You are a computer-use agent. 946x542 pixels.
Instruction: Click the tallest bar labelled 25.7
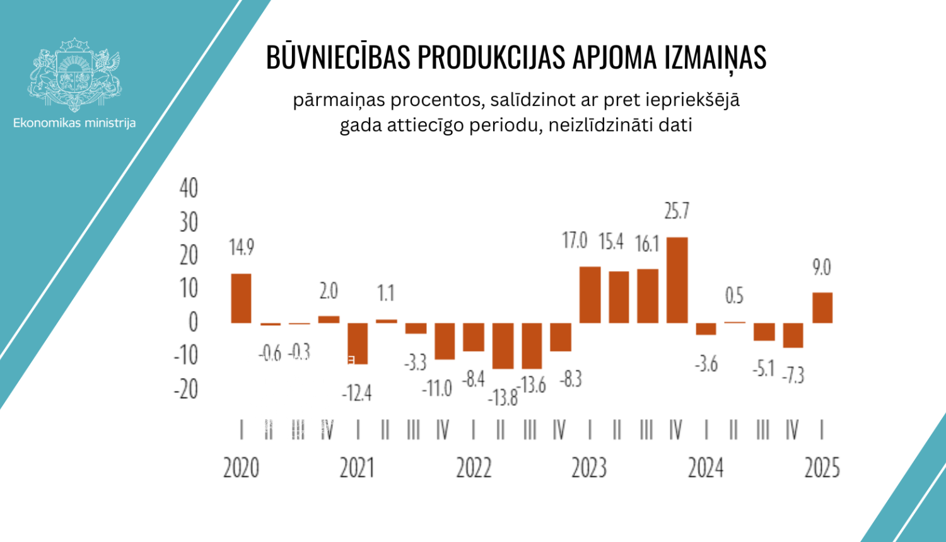pos(677,280)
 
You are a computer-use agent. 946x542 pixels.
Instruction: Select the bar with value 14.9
pos(241,298)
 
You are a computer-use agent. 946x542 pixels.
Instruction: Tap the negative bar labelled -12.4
pos(358,343)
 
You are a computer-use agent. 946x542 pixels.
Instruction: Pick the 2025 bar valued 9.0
pos(822,308)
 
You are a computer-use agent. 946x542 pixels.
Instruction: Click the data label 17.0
pos(575,241)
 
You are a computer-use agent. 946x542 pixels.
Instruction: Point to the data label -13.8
pos(503,398)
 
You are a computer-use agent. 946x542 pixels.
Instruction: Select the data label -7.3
pos(793,376)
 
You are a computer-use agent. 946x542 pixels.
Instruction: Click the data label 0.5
pos(734,296)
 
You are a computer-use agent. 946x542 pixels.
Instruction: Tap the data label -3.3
pos(416,362)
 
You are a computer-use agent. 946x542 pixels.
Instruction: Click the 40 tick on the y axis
pos(189,188)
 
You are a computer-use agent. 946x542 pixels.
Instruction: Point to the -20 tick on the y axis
pos(186,389)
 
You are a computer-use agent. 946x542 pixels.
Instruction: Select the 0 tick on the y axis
pos(193,323)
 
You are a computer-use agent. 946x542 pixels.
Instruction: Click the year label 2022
pos(474,468)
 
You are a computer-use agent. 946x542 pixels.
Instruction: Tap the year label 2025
pos(822,468)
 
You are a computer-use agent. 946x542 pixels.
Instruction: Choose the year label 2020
pos(241,468)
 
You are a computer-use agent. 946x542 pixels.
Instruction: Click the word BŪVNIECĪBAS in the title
pos(338,58)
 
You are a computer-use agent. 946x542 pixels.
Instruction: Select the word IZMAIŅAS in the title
pos(715,58)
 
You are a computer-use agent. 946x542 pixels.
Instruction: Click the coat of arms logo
pos(74,74)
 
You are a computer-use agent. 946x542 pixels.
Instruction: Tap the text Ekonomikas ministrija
pos(74,123)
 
